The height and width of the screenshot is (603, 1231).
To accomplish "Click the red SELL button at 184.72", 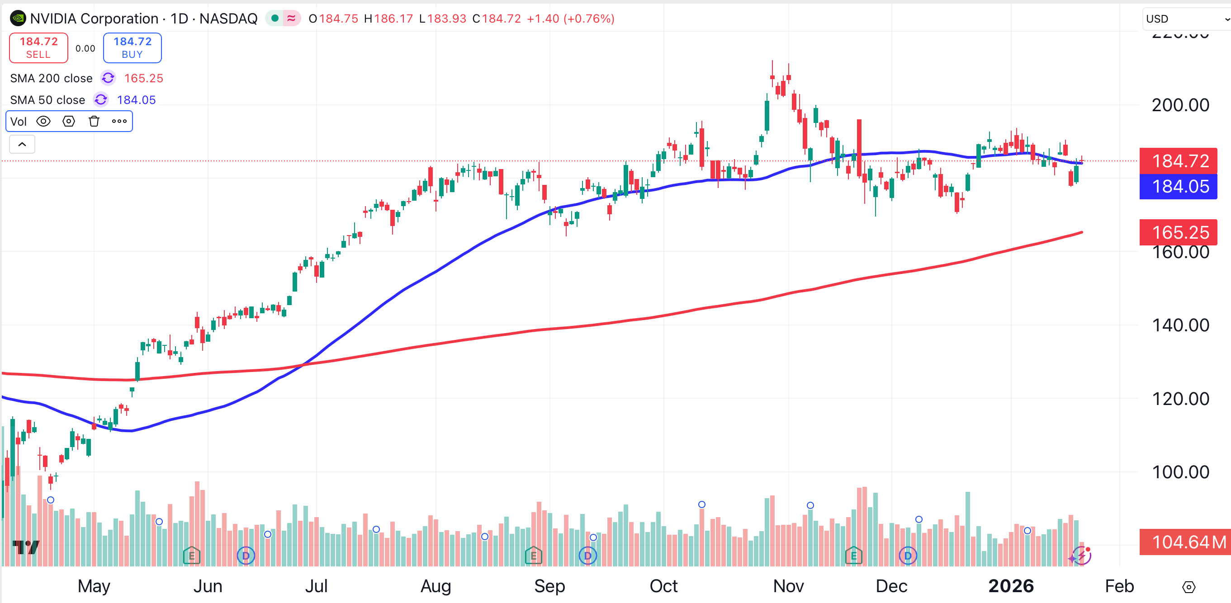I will pos(38,48).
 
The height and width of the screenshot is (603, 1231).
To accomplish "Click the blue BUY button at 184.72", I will pos(133,48).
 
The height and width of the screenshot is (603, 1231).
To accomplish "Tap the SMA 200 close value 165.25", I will pos(143,78).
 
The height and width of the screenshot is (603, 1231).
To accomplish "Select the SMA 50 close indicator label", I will pos(47,100).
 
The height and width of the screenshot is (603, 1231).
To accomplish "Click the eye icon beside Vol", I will pos(43,121).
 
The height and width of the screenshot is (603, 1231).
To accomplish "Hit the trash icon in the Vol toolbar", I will pos(94,121).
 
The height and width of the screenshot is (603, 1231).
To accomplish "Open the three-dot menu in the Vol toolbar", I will pos(119,121).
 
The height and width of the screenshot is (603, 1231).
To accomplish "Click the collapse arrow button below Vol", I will pos(22,144).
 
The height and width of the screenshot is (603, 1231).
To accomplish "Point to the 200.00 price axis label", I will pos(1180,105).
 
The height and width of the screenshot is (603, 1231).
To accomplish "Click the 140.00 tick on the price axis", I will pos(1180,325).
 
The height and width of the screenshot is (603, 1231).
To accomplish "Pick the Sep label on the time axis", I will pos(549,586).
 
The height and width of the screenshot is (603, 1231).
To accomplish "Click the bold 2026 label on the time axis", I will pos(1011,586).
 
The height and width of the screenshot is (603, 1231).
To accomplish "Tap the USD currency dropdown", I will pos(1185,19).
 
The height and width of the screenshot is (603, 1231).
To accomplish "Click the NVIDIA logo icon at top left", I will pos(18,19).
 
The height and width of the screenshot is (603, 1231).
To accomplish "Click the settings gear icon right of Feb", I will pos(1188,587).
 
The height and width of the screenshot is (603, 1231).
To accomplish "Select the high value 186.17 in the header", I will pos(393,19).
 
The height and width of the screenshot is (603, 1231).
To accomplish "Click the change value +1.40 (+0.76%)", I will pos(570,19).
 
